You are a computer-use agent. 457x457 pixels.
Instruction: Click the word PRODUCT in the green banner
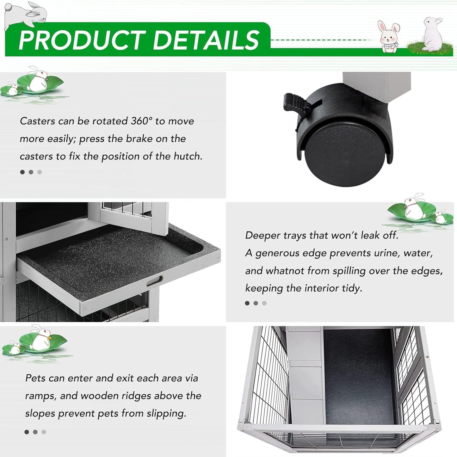tap(82, 40)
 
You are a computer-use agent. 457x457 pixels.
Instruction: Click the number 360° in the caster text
tap(141, 121)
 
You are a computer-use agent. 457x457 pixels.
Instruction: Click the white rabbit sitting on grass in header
tap(432, 34)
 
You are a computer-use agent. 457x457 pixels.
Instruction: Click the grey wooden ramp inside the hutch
tap(306, 377)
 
